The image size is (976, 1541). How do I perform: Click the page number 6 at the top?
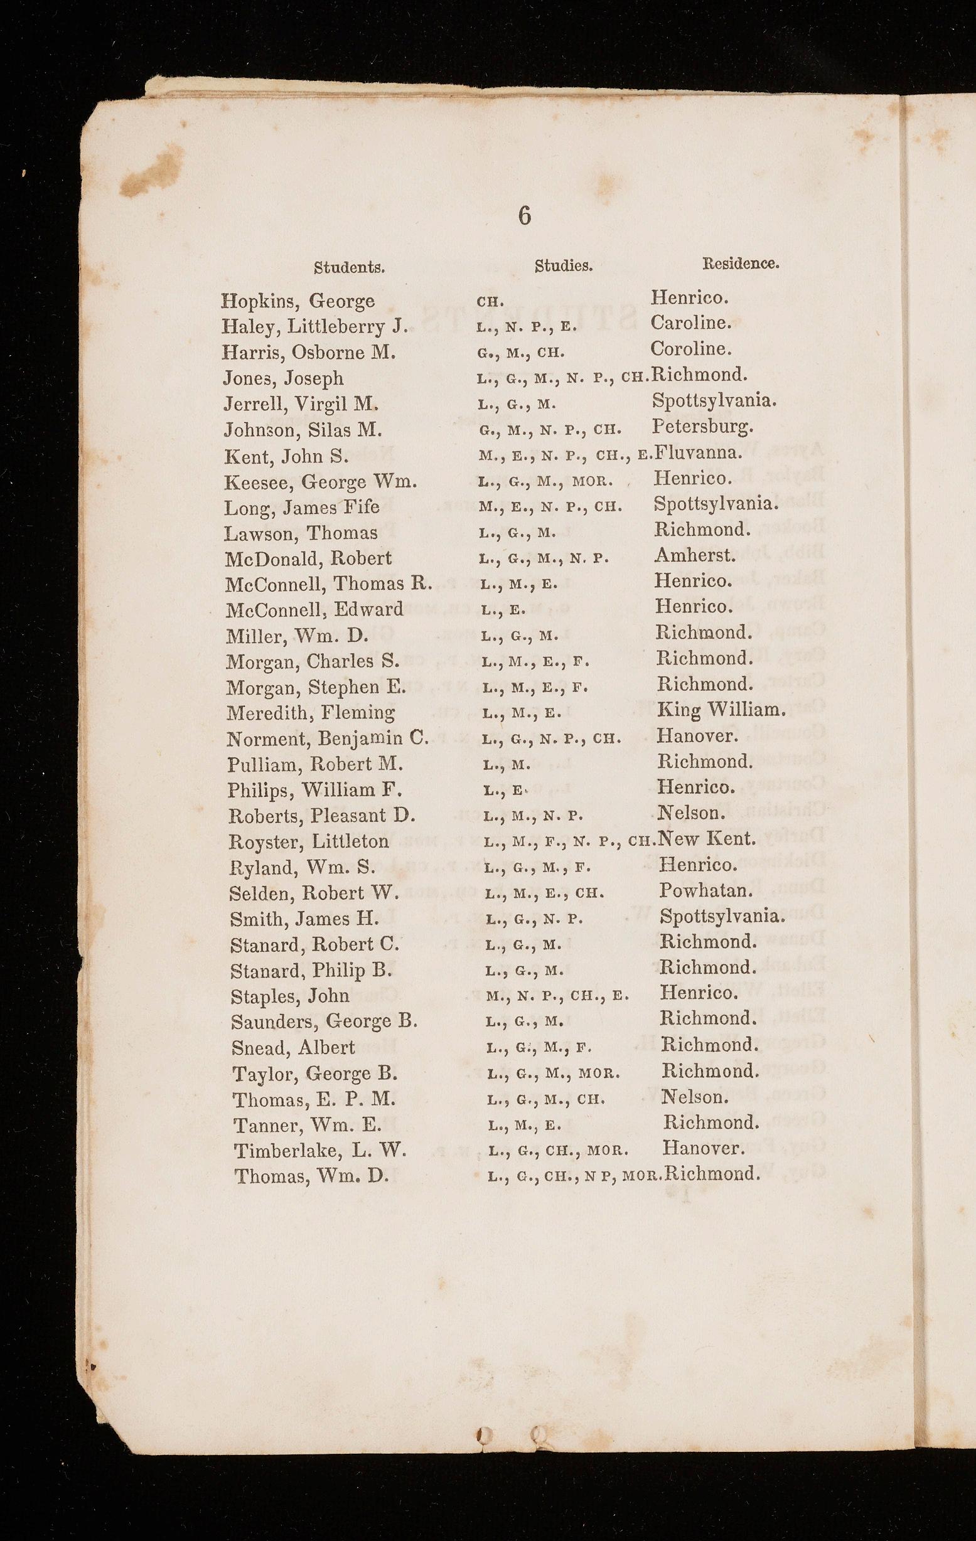[524, 216]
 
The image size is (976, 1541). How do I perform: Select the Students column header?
[349, 267]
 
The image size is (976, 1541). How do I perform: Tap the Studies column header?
[563, 265]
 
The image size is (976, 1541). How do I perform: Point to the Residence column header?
[741, 263]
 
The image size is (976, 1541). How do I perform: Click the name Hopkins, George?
[298, 301]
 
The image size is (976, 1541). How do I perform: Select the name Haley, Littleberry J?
[314, 327]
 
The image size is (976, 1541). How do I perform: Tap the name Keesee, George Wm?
[320, 481]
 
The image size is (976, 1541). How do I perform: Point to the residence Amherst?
[694, 555]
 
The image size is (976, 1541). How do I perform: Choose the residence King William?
[721, 710]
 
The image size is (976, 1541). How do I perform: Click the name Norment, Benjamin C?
[327, 739]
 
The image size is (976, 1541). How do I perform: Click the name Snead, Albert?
[293, 1048]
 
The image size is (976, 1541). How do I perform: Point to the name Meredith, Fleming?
[311, 713]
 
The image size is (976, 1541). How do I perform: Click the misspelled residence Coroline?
[690, 349]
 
